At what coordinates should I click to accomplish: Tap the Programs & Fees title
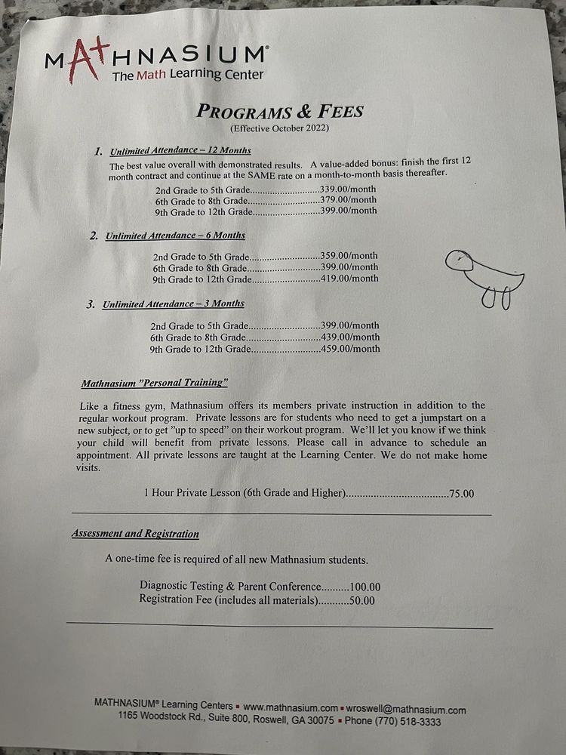[280, 112]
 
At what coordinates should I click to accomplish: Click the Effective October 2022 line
[280, 128]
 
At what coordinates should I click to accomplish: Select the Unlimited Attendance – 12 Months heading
[180, 150]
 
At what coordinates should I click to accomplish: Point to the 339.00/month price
[349, 190]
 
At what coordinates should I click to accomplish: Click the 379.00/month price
[349, 200]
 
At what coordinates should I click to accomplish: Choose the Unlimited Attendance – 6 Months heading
[175, 236]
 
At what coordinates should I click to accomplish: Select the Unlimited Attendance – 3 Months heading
[173, 304]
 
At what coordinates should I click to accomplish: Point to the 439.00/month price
[352, 337]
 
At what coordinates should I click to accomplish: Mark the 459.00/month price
[352, 349]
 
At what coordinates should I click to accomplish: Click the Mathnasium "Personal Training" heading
[154, 382]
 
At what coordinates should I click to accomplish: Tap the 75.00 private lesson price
[462, 494]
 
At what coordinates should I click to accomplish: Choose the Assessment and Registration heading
[136, 534]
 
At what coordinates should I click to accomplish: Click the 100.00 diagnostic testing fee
[365, 587]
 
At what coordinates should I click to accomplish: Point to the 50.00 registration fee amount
[361, 601]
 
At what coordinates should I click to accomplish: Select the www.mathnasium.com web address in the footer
[291, 709]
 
